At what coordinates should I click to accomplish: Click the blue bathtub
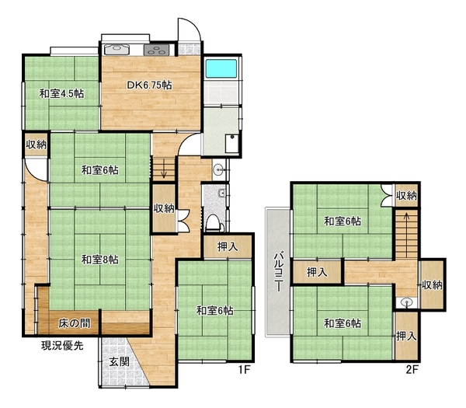(x=221, y=68)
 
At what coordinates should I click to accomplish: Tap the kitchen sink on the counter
(x=116, y=50)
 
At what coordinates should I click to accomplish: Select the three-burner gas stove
(x=156, y=50)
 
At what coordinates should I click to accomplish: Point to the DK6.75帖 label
(x=149, y=85)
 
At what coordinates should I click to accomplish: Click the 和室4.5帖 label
(x=62, y=94)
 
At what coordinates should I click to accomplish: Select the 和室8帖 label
(x=100, y=260)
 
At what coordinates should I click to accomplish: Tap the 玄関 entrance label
(x=119, y=361)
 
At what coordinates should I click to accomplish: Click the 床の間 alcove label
(x=75, y=323)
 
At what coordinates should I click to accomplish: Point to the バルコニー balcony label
(x=278, y=272)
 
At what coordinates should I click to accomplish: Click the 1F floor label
(x=245, y=370)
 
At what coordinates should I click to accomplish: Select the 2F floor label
(x=412, y=370)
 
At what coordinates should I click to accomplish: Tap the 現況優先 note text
(x=62, y=346)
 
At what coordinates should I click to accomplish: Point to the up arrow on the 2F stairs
(x=406, y=222)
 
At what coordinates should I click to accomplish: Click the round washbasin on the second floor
(x=406, y=303)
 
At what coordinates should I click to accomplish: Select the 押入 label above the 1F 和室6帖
(x=228, y=246)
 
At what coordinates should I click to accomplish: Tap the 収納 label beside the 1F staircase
(x=164, y=208)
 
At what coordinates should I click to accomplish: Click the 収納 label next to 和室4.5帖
(x=36, y=145)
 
